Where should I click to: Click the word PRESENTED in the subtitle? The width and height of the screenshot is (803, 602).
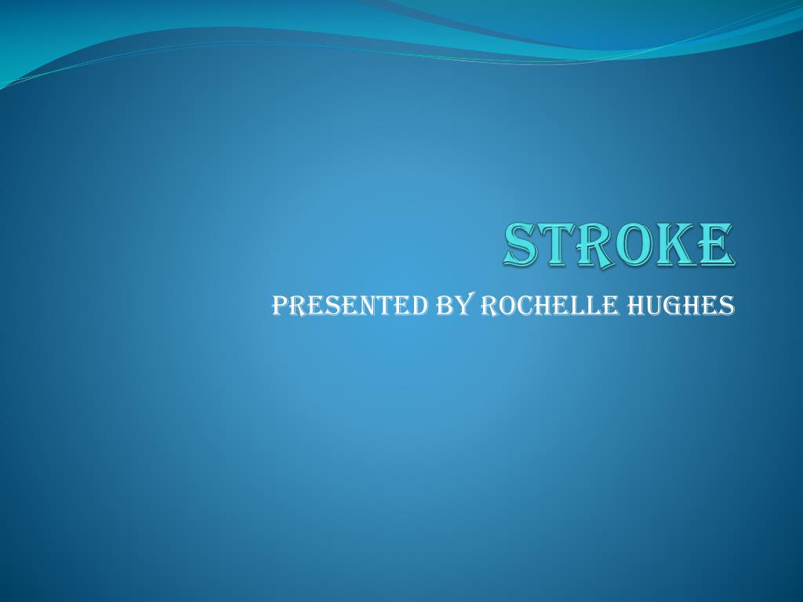(x=348, y=306)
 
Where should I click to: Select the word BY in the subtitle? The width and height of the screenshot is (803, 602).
(x=452, y=306)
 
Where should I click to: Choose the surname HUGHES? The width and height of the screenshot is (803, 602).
(x=684, y=306)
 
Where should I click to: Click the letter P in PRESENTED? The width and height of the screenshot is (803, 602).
(x=280, y=306)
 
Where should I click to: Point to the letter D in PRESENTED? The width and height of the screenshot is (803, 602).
(x=416, y=306)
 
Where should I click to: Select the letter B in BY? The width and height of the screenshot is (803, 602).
(x=443, y=306)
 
